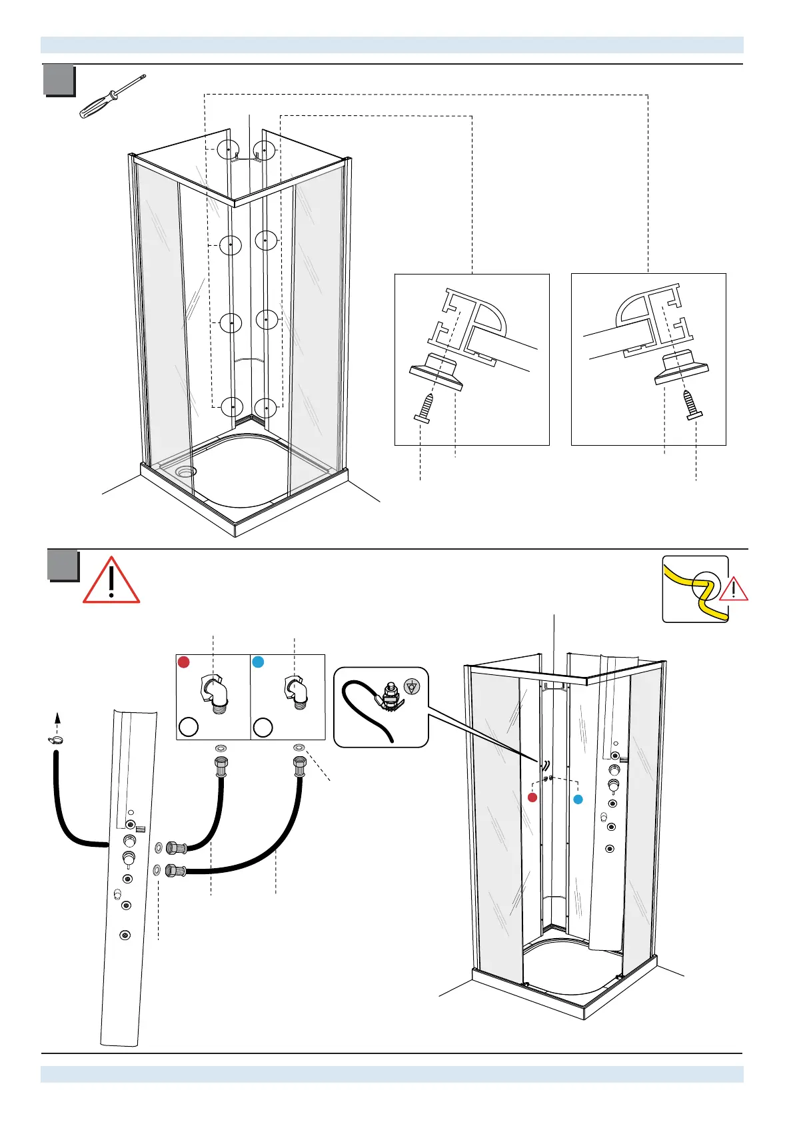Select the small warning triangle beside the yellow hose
click(734, 589)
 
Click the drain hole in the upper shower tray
click(185, 471)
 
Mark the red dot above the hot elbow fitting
click(184, 662)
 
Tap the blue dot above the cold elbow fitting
click(259, 662)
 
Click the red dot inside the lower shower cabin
click(532, 798)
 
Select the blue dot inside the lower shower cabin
click(578, 799)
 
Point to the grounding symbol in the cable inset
click(412, 687)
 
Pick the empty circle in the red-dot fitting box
click(189, 726)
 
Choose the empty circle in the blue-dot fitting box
click(263, 726)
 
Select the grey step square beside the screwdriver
click(59, 81)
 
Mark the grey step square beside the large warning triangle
click(63, 565)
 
